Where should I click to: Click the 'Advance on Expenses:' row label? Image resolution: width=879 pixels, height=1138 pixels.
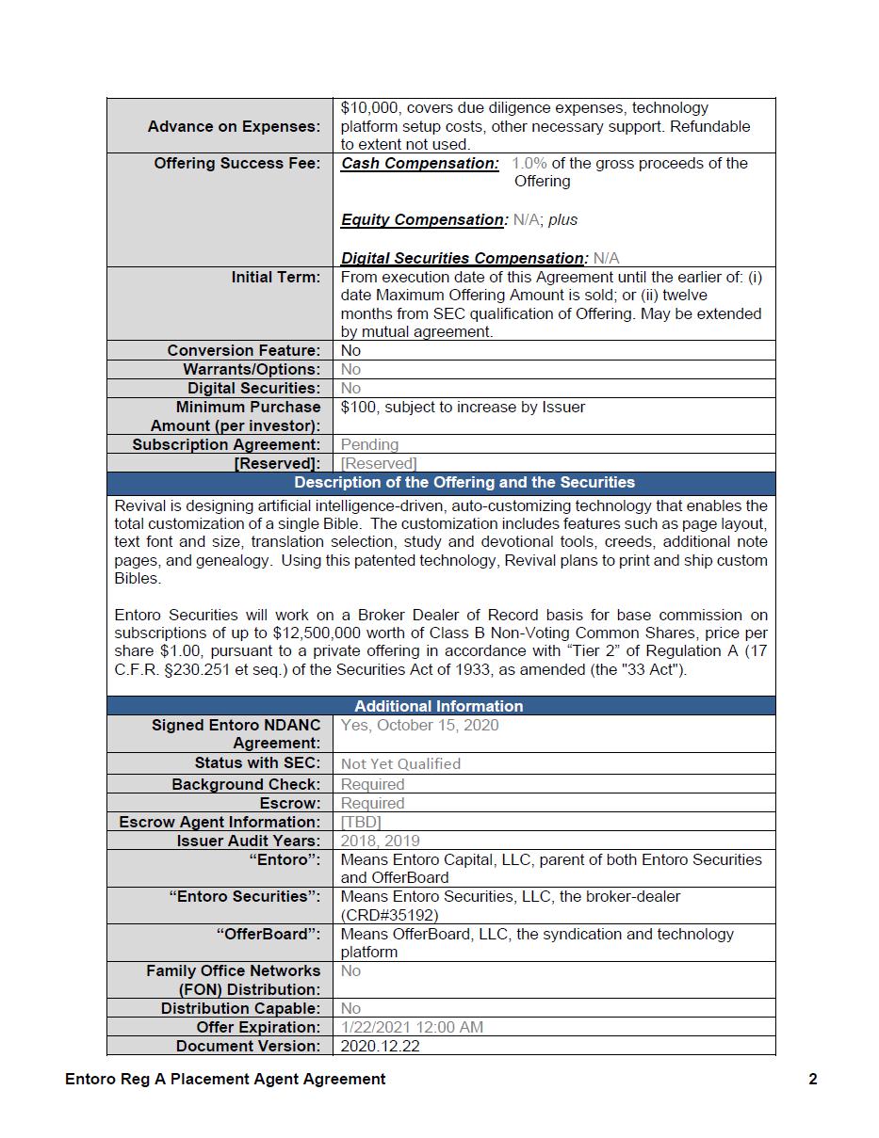coord(234,126)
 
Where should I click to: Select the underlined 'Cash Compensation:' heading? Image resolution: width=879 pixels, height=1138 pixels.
coord(420,164)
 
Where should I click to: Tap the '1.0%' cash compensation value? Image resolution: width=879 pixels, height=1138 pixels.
coord(529,164)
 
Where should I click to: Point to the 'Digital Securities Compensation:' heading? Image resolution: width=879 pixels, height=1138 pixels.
coord(463,258)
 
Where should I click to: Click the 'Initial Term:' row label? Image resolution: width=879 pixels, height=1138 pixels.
coord(275,277)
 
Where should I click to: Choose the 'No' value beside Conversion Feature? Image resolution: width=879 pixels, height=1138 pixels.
coord(350,350)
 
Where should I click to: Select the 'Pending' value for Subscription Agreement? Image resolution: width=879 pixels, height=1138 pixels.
coord(369,444)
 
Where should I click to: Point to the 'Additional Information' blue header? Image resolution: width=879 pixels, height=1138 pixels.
coord(439,706)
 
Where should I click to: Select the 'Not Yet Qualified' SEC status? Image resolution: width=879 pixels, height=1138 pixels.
coord(400,764)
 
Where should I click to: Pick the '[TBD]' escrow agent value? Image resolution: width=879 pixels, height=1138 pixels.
coord(361,822)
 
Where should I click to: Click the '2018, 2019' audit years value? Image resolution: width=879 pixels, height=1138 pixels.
coord(380,841)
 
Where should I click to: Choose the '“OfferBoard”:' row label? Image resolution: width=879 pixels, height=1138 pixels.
coord(268,934)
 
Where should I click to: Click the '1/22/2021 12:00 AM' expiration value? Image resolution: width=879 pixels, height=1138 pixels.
coord(412,1027)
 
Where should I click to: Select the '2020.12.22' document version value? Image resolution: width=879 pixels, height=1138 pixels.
coord(380,1046)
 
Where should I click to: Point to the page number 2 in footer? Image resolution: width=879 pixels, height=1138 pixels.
coord(812,1080)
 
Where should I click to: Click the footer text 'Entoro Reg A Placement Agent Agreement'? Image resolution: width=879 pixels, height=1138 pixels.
coord(225,1080)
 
